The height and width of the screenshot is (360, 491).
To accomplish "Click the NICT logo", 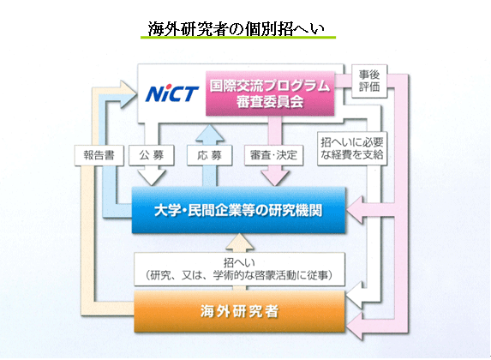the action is [x=172, y=93].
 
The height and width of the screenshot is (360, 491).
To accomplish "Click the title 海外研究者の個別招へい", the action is [x=237, y=29].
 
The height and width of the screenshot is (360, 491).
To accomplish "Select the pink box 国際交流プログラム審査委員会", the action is [x=270, y=93].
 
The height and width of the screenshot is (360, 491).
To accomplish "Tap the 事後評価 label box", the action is [x=369, y=81].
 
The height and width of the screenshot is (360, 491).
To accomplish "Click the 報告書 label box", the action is [x=99, y=155].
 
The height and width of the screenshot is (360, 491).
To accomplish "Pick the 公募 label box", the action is [x=152, y=155].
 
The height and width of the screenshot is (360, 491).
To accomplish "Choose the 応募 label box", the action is [x=209, y=155].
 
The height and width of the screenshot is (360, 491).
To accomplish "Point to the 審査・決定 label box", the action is [x=273, y=155].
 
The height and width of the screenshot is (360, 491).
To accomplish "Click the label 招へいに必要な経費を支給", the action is [x=352, y=148].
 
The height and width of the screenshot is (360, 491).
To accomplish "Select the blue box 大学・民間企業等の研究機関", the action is [x=238, y=210].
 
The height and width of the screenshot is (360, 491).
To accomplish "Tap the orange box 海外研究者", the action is [x=240, y=311].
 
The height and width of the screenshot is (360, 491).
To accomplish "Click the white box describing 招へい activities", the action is [x=240, y=269].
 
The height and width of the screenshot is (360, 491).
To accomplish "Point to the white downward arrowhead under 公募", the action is [x=152, y=177].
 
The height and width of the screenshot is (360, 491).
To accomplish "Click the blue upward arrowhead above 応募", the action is [x=210, y=132].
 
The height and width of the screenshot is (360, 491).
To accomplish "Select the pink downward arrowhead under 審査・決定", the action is [x=274, y=178].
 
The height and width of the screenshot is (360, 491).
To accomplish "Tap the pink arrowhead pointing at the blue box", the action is [x=356, y=210].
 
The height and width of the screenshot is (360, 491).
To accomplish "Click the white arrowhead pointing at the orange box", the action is [x=355, y=296].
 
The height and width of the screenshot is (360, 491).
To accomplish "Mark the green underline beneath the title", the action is [x=238, y=38].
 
